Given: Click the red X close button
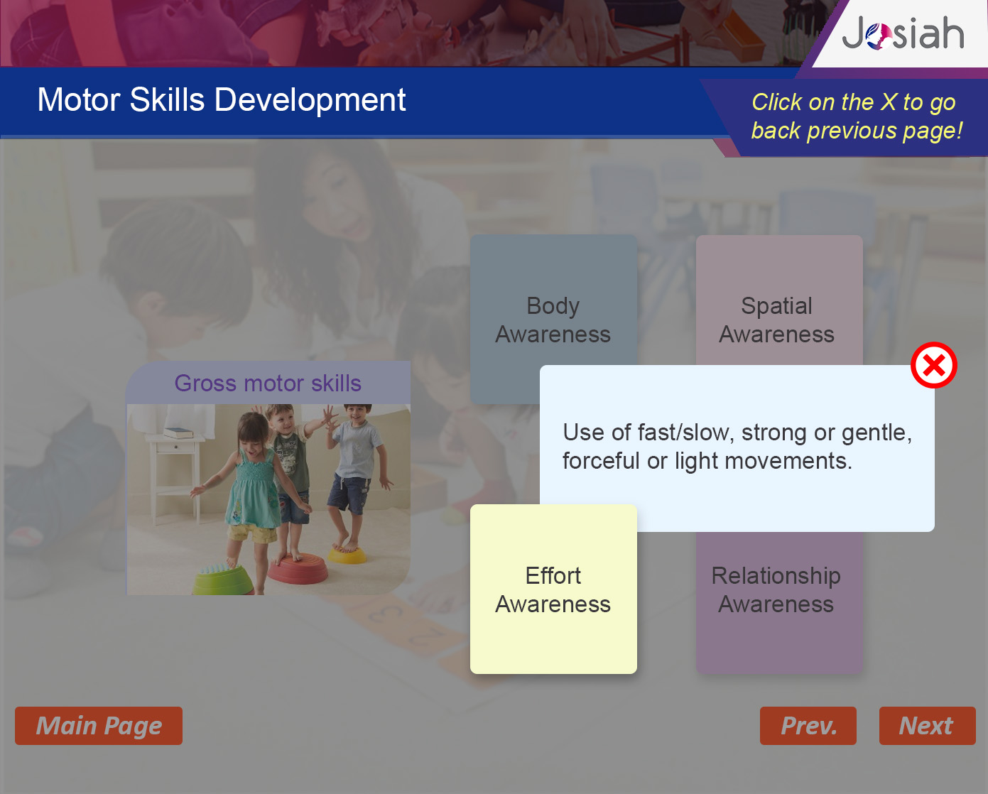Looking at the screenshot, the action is [934, 365].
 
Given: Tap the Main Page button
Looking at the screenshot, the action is [99, 726].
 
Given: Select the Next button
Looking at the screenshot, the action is [928, 726].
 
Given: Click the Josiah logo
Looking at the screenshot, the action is [903, 33].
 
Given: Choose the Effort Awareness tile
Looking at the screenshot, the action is [553, 589].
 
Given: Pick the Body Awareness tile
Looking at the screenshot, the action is [553, 319].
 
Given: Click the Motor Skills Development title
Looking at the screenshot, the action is [222, 99].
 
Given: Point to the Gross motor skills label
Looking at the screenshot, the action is [268, 384].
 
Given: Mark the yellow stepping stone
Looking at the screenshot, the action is [348, 554].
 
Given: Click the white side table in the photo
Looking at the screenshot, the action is [176, 477].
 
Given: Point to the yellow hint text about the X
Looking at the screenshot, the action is [857, 116].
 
